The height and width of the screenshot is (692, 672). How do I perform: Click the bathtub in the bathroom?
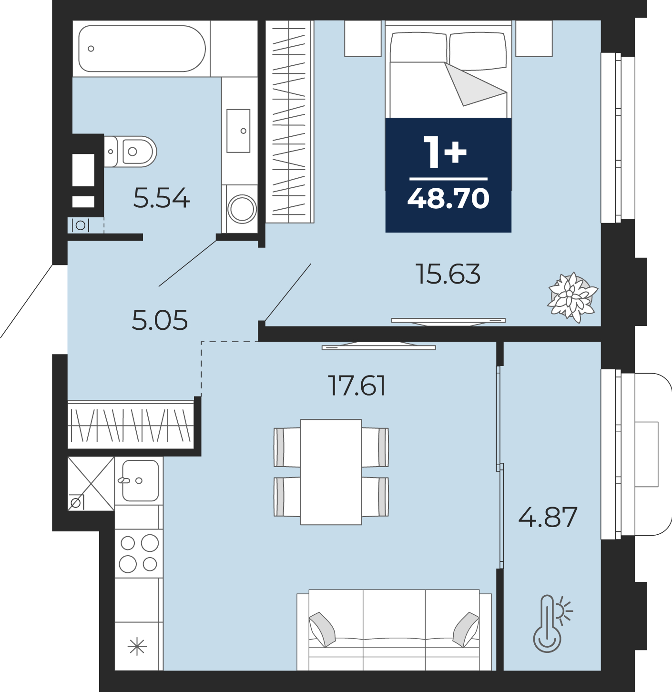point(142,48)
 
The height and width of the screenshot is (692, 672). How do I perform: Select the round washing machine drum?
point(242,209)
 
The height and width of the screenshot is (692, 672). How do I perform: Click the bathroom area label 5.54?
point(162,198)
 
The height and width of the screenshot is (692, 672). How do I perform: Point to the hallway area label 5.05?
point(160,320)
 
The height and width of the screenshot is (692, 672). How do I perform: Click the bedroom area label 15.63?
point(448,274)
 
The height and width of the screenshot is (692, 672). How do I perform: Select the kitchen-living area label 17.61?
point(357,386)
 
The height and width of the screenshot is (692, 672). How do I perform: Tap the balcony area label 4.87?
point(548,518)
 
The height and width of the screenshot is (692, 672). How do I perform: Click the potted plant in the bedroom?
point(572,297)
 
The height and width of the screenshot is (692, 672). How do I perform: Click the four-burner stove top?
point(139,553)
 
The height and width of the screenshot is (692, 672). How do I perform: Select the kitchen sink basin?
point(141,480)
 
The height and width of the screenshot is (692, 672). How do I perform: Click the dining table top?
point(331,472)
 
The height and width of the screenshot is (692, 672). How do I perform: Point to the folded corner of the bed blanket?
point(471,85)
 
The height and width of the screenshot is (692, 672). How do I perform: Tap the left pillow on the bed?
point(418,48)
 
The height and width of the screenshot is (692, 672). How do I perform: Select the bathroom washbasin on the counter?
point(238,131)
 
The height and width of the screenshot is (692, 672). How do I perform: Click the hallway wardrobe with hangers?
point(131,425)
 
